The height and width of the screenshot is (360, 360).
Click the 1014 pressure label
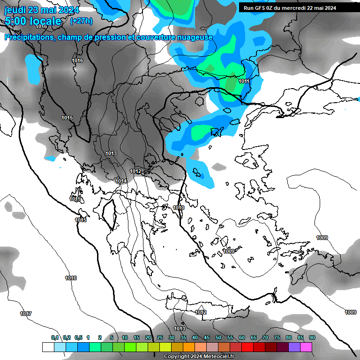coord(121,181)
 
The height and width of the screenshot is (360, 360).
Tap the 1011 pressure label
coord(244,81)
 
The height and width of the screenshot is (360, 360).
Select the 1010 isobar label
coord(179,208)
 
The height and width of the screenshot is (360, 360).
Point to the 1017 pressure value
coord(26,314)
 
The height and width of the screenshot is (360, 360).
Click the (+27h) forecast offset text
coord(81,21)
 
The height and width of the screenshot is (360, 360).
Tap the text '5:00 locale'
coord(33,21)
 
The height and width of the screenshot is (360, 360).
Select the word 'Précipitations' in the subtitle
coord(29,37)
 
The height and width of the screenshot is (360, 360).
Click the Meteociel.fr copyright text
coord(199,357)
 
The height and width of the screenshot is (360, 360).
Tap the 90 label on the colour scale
coord(312,337)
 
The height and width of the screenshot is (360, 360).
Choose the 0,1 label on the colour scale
coord(55,337)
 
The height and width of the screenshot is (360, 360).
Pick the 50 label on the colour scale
coord(218,337)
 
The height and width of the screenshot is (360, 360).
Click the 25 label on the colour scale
coord(160,337)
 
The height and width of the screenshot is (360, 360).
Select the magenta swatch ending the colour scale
coord(306,347)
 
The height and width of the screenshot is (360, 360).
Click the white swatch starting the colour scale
coord(48,347)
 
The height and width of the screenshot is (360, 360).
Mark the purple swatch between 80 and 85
coord(294,347)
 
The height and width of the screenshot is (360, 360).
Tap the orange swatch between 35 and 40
coord(189,347)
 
